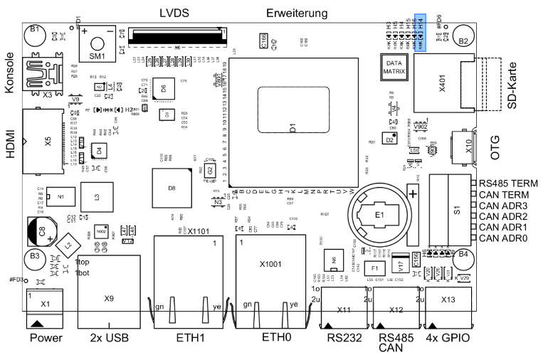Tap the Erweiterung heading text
[297, 14]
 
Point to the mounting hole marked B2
[463, 41]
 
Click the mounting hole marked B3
[33, 255]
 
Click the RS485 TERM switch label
[508, 183]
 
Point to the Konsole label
[10, 73]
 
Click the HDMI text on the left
[10, 142]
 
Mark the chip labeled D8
[172, 189]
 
